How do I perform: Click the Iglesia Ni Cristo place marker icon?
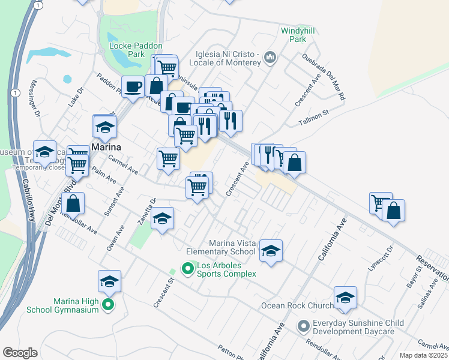(x=270, y=58)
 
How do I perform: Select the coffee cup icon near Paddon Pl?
(x=133, y=86)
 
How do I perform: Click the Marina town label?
(x=107, y=148)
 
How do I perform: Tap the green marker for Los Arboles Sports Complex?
(x=188, y=269)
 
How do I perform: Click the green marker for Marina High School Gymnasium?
(x=109, y=305)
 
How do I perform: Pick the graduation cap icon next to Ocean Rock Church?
(x=345, y=298)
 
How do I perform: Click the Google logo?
(x=20, y=353)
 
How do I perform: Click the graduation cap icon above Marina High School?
(x=109, y=281)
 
